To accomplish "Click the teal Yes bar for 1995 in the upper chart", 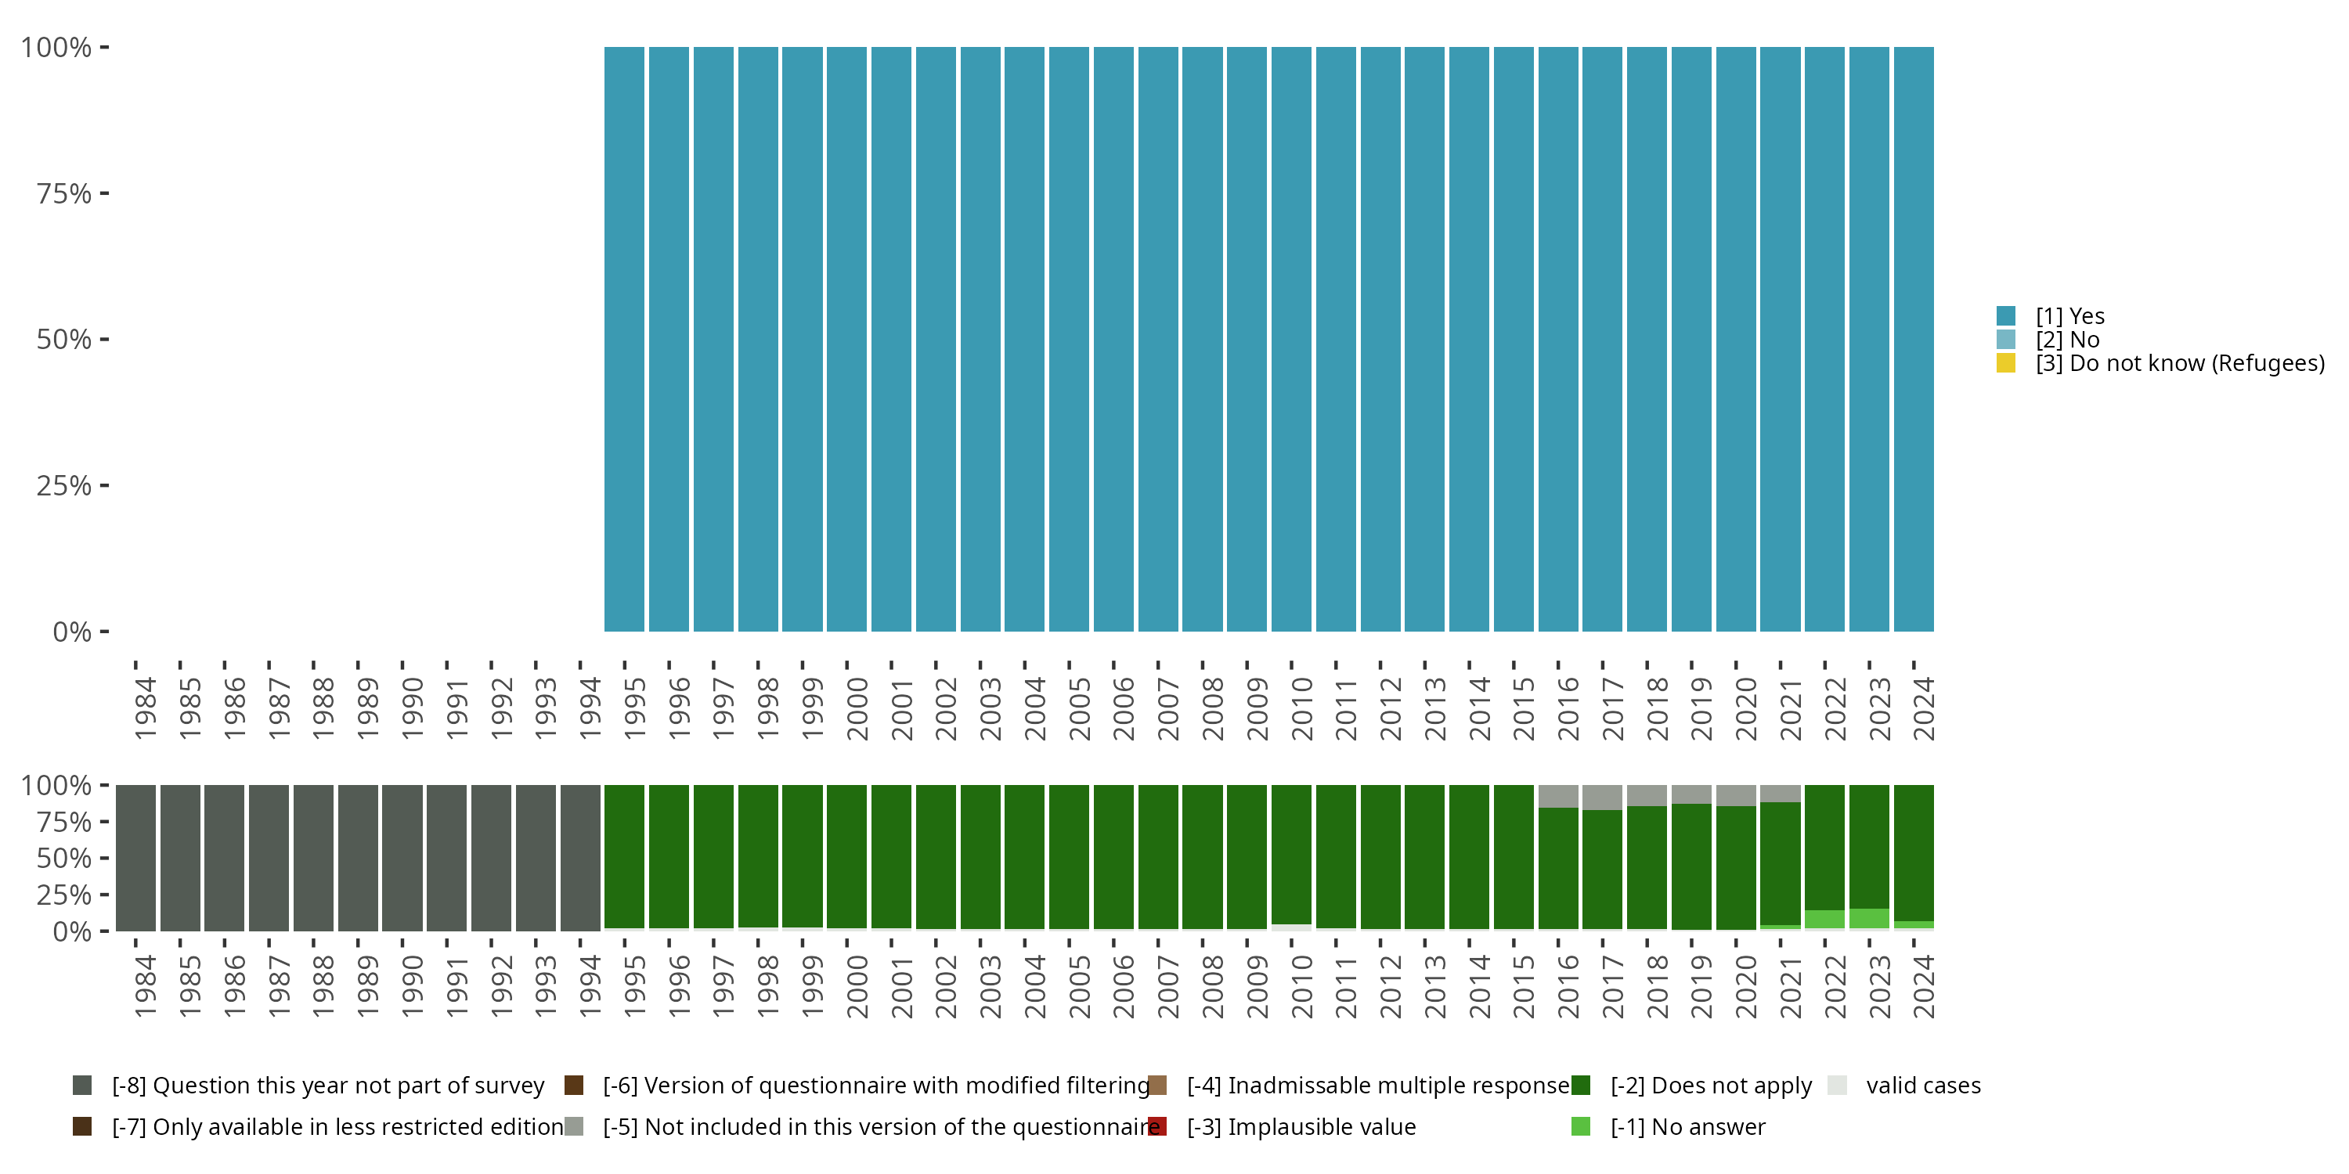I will (624, 339).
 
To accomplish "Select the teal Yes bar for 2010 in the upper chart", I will (1291, 339).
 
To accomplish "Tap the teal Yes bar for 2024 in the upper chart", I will (1913, 339).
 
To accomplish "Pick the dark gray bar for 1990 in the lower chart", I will (402, 858).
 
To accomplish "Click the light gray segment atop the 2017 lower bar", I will (1602, 798).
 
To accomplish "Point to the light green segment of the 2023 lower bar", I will (1868, 919).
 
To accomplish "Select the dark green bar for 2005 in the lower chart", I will (1069, 857).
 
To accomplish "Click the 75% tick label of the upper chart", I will (64, 193).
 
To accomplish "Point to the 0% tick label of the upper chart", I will (72, 632).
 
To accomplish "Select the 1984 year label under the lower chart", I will (145, 987).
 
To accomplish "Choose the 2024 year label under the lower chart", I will (1923, 987).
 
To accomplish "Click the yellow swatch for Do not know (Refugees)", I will (2005, 363).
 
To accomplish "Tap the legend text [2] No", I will (2067, 340).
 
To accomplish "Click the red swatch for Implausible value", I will (1157, 1126).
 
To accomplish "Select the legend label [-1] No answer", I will (1687, 1126).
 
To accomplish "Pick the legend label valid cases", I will (1923, 1086).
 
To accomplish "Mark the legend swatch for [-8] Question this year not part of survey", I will (82, 1086).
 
